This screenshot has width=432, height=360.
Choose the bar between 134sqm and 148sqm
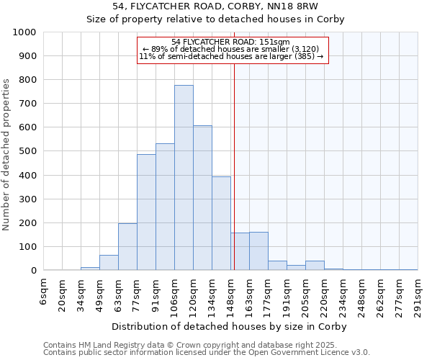point(221,223)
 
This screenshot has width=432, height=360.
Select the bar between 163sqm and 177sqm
point(258,251)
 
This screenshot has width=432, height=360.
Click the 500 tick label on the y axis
point(27,151)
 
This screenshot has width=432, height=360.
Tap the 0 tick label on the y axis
point(33,271)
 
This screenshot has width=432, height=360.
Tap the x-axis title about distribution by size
point(230,326)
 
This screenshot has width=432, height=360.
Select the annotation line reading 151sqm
point(231,42)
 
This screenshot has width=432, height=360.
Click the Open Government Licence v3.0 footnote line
point(207,352)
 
